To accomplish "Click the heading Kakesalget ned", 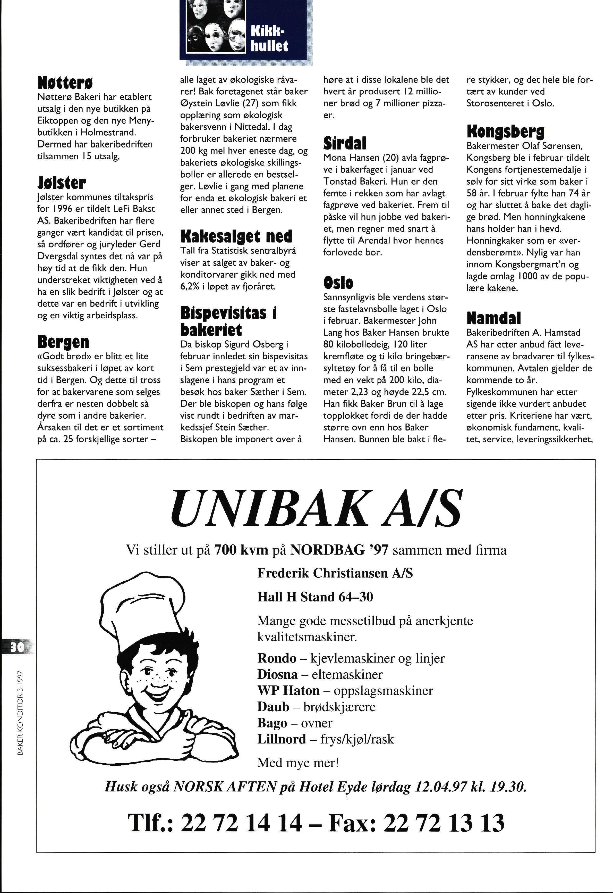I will click(236, 236).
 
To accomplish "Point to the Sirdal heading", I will click(345, 143).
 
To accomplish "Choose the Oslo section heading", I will click(338, 283).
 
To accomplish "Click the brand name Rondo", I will click(277, 658).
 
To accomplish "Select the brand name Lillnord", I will click(282, 739).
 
